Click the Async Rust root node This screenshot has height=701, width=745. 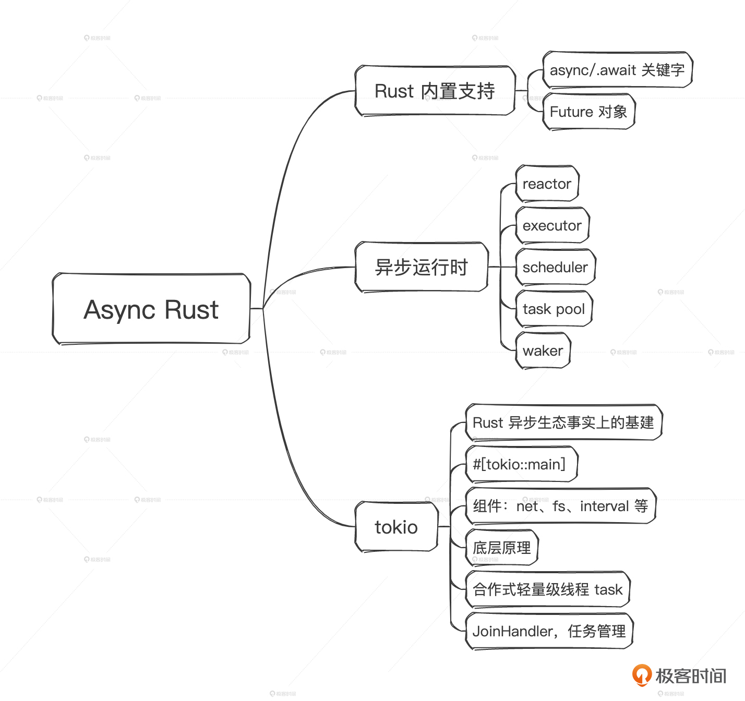pyautogui.click(x=151, y=309)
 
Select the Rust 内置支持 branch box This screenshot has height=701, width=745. pyautogui.click(x=435, y=91)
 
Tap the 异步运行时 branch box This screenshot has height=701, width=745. pyautogui.click(x=421, y=267)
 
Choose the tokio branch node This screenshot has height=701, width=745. pyautogui.click(x=396, y=527)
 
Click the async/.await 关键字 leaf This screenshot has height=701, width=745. pyautogui.click(x=617, y=70)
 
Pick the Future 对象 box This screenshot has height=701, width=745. pyautogui.click(x=588, y=112)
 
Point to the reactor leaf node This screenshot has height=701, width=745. pyautogui.click(x=547, y=184)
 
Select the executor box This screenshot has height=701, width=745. pyautogui.click(x=552, y=225)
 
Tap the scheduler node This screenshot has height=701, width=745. pyautogui.click(x=555, y=267)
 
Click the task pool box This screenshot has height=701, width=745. pyautogui.click(x=554, y=309)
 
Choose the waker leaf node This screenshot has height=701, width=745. pyautogui.click(x=543, y=350)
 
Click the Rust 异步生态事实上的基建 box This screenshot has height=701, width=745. pyautogui.click(x=563, y=422)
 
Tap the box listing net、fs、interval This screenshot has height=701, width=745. pyautogui.click(x=560, y=506)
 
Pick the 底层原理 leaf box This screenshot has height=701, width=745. pyautogui.click(x=501, y=548)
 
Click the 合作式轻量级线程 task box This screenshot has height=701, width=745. pyautogui.click(x=547, y=589)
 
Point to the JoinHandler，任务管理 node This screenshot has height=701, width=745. pyautogui.click(x=549, y=631)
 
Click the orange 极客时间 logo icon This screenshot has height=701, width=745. pyautogui.click(x=641, y=675)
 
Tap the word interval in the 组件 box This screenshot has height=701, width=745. pyautogui.click(x=604, y=506)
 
